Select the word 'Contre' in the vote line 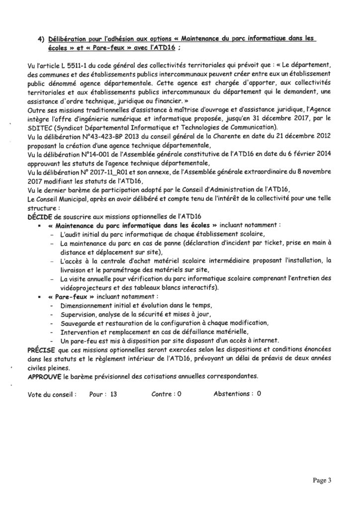pos(162,394)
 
